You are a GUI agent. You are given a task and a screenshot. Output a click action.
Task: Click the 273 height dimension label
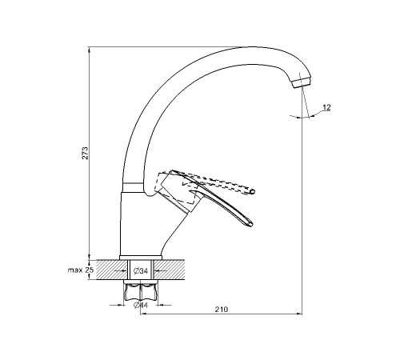pos(85,153)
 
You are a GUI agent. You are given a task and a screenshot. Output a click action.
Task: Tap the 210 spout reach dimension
pos(222,310)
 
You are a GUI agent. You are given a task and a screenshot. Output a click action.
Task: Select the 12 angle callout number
pos(326,107)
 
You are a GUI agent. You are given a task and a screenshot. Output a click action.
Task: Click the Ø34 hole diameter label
pos(141,271)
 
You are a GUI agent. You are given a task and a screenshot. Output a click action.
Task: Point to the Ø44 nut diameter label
pos(141,305)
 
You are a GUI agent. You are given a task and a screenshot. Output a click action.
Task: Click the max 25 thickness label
pos(80,270)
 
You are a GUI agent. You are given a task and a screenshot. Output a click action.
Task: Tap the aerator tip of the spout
pos(302,82)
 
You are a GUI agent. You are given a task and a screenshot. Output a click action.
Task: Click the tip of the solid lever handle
pos(250,224)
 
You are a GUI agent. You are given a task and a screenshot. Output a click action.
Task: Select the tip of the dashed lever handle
pos(253,191)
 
